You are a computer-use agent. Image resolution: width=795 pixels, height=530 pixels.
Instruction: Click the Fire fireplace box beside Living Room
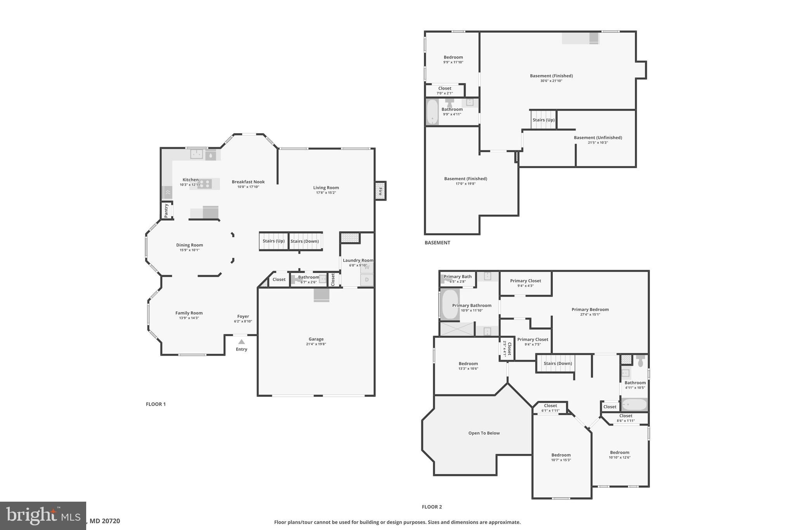tap(380, 191)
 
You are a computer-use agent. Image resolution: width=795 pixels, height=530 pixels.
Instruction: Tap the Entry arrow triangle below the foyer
tap(241, 342)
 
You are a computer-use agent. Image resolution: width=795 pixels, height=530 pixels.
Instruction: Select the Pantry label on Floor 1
tap(167, 210)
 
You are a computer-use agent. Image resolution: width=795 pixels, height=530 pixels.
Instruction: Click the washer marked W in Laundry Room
tap(367, 268)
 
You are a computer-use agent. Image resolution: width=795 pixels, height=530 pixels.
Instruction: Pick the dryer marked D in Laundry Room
tap(367, 280)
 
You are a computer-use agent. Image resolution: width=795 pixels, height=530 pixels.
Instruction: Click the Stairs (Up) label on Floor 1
tap(273, 241)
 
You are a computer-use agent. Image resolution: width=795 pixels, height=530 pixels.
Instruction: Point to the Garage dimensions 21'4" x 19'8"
tap(316, 344)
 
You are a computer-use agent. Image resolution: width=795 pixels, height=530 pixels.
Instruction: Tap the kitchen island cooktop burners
tap(205, 184)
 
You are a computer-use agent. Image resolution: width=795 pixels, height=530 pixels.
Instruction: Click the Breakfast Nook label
tap(248, 182)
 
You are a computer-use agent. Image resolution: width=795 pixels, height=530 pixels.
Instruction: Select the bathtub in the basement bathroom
tap(432, 112)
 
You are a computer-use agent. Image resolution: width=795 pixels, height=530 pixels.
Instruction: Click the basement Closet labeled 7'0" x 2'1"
tap(444, 90)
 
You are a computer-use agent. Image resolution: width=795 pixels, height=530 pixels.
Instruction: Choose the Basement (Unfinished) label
tap(598, 138)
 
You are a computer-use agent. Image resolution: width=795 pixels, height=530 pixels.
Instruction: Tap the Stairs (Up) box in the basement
tap(543, 120)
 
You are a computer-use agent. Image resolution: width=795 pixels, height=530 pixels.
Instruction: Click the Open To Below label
tap(484, 433)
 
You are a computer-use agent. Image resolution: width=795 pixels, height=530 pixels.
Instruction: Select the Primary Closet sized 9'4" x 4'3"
tap(525, 283)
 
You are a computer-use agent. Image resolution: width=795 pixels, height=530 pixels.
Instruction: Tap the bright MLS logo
tap(43, 516)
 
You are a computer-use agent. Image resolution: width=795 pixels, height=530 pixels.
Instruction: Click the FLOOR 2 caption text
tap(432, 507)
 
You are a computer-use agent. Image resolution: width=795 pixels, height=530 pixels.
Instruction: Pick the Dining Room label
tap(189, 245)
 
